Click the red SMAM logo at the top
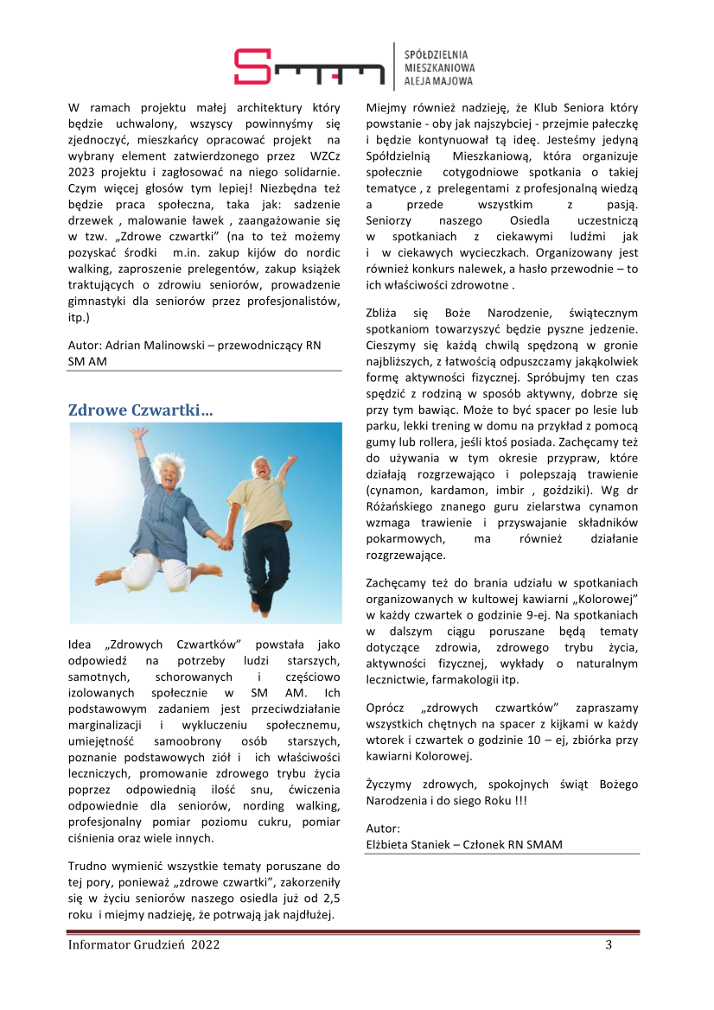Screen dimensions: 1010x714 [x=309, y=67]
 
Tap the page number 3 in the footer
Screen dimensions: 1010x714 [x=609, y=944]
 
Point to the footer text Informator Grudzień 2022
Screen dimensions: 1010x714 [x=143, y=944]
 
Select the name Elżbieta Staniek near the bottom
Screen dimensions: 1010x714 [x=408, y=844]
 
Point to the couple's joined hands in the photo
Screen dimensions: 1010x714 [x=223, y=543]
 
